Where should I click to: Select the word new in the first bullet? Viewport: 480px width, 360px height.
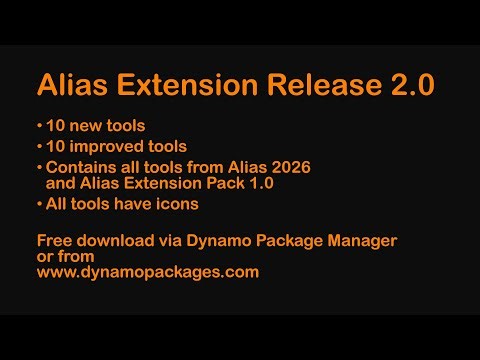tap(86, 127)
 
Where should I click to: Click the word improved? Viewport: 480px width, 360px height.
tap(107, 146)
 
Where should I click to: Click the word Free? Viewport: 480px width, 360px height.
tap(54, 240)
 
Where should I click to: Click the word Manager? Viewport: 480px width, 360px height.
tap(362, 240)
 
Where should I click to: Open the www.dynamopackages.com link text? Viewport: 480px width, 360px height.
tap(148, 271)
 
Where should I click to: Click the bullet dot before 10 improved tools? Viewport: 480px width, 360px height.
tap(40, 147)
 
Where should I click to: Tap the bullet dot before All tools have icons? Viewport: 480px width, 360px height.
tap(40, 204)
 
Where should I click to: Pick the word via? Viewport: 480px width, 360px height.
tap(176, 240)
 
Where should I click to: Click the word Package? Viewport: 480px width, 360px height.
tap(292, 240)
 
